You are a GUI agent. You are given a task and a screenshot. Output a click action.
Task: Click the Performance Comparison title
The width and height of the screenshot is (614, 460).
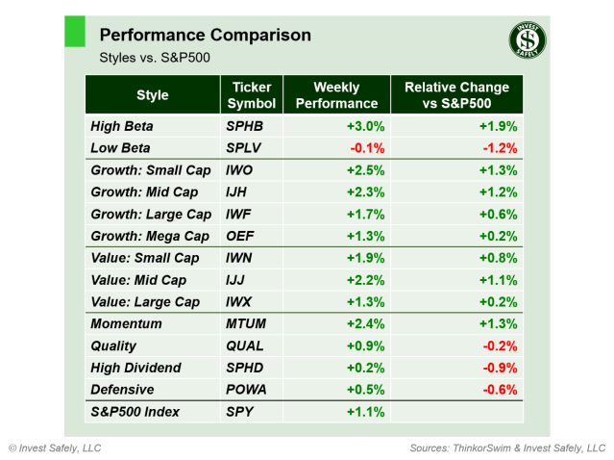tap(205, 36)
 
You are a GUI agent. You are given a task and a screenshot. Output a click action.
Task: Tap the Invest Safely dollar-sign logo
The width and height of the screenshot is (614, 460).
tap(528, 40)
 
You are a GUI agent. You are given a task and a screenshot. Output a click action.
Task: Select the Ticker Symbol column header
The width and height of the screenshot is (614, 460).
tap(252, 95)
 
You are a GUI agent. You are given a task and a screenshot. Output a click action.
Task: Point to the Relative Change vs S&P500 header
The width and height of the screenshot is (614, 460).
tap(456, 95)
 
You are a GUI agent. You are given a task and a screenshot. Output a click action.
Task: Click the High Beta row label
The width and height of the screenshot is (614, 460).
tap(122, 126)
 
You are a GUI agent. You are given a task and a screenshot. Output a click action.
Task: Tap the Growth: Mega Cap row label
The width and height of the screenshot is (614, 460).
tap(150, 236)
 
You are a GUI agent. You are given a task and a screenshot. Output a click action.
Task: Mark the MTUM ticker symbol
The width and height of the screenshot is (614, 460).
tap(248, 324)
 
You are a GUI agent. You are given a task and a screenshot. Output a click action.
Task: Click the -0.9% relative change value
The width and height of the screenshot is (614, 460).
tap(500, 368)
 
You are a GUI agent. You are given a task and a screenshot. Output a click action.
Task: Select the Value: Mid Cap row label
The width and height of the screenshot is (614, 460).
tap(138, 280)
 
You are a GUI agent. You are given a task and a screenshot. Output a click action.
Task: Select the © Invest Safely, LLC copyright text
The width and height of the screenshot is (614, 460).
tap(55, 448)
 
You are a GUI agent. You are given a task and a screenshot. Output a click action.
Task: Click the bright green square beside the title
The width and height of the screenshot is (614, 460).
tap(75, 31)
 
